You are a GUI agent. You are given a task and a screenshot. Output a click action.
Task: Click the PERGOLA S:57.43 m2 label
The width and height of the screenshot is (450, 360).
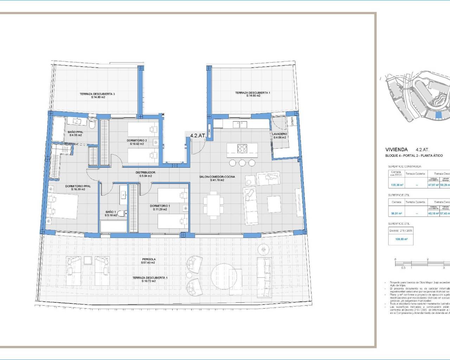coord(148,261)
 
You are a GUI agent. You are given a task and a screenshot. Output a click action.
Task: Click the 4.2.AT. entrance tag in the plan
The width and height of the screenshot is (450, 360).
coord(198,135)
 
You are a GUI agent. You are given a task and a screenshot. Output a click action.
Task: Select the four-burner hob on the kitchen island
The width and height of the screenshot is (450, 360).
coord(242,149)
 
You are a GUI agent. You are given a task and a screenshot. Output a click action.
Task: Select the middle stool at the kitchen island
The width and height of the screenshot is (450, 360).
coord(242,163)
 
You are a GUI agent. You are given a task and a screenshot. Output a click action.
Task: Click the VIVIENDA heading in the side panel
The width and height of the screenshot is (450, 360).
coord(397,149)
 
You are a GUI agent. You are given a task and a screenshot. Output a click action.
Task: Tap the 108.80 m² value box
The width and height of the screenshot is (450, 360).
coord(401,239)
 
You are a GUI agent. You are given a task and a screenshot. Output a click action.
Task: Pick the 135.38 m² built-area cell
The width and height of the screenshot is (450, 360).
coord(396,185)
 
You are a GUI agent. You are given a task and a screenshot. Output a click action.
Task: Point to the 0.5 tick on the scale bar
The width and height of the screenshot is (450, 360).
coord(403,268)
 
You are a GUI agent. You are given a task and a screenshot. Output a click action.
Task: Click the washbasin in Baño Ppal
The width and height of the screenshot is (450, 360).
coord(78,122)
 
